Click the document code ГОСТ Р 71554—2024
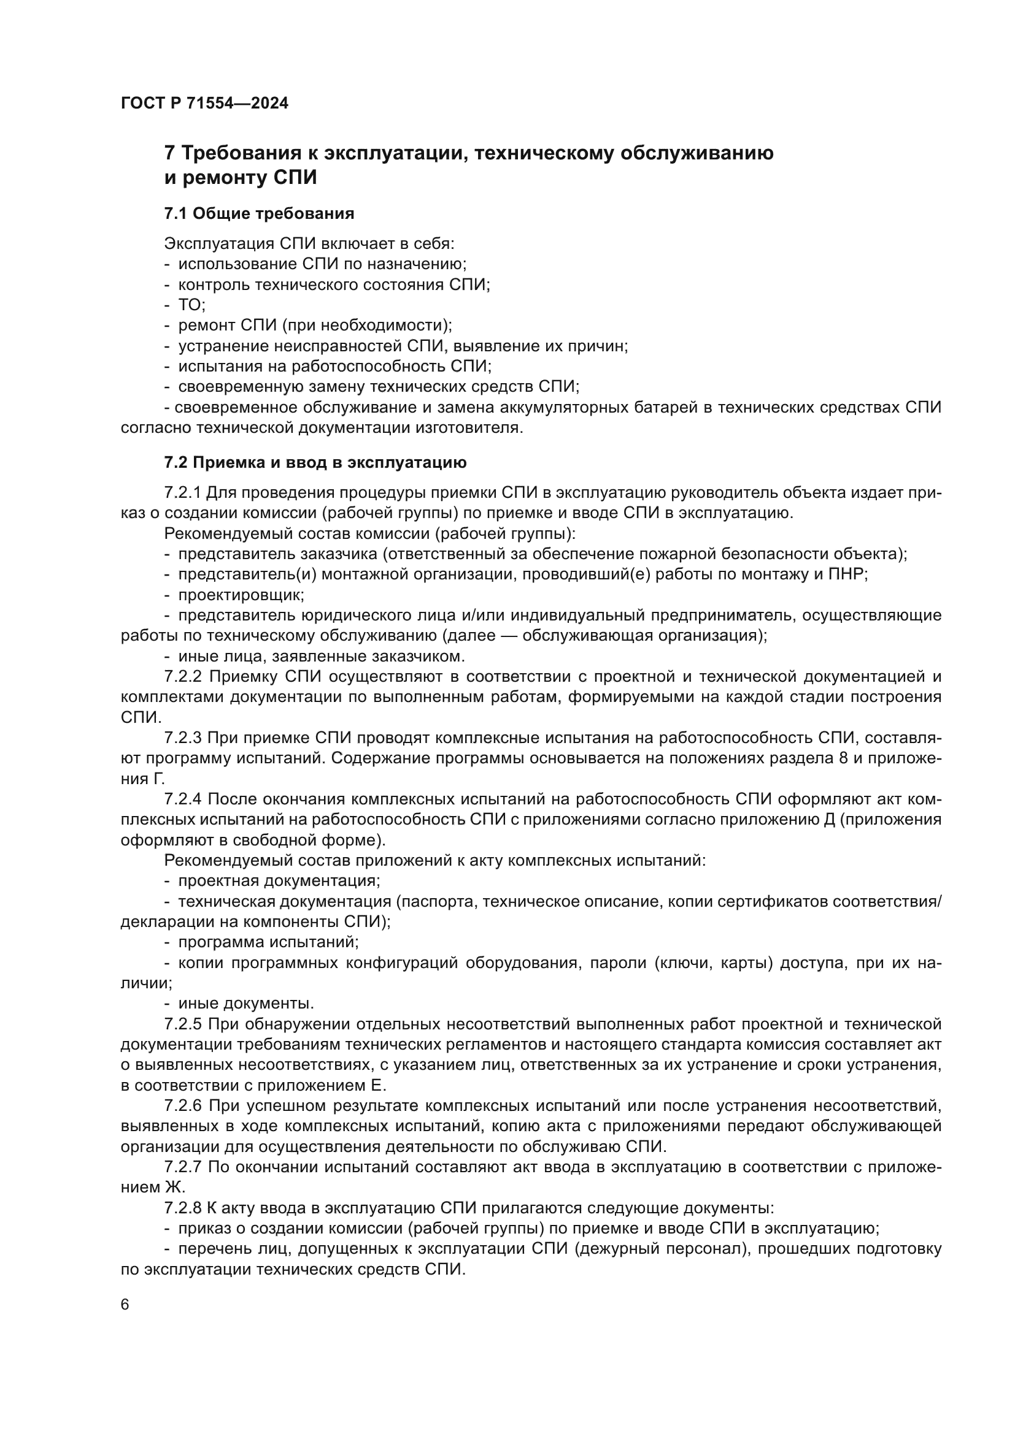(x=204, y=104)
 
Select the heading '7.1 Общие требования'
(x=259, y=213)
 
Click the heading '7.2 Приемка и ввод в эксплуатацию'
(x=315, y=463)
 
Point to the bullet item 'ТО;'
(x=192, y=305)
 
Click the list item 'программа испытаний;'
(x=268, y=942)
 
